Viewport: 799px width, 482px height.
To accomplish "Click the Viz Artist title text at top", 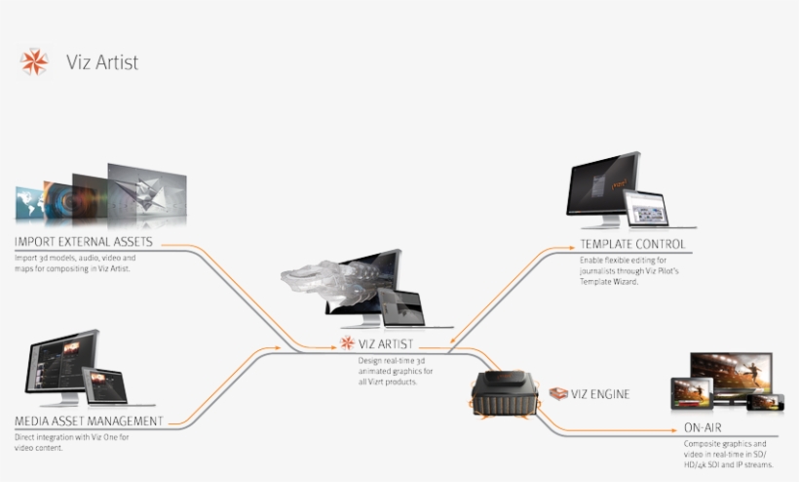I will [x=102, y=62].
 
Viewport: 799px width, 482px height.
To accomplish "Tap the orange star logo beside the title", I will [x=34, y=61].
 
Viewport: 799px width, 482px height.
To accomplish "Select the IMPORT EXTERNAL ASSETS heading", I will [x=84, y=242].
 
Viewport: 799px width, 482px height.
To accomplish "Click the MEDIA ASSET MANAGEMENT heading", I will [x=89, y=421].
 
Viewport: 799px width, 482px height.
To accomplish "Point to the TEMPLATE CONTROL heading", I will [x=632, y=244].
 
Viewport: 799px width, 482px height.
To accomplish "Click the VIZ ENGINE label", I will [x=601, y=394].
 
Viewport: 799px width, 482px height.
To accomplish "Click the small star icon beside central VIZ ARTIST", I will [x=347, y=342].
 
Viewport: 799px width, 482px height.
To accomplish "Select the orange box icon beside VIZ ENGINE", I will [x=558, y=394].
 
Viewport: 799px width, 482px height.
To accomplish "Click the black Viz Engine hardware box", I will [x=504, y=396].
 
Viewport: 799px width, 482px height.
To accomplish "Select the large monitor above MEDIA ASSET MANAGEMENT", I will [x=61, y=364].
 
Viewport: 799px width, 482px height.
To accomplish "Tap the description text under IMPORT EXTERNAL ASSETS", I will [x=75, y=262].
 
